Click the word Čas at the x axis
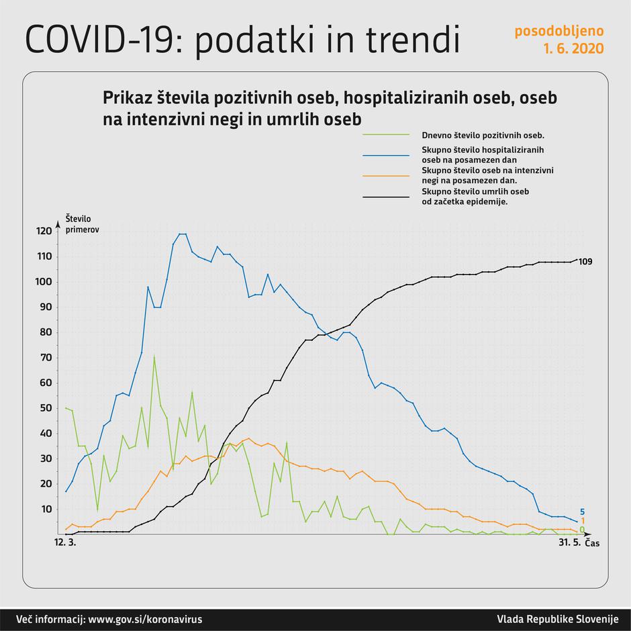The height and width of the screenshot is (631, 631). click(x=591, y=543)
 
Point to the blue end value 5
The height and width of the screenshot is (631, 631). click(x=582, y=512)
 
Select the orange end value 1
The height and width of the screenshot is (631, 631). click(x=582, y=521)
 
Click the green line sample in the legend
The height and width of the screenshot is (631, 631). click(x=386, y=135)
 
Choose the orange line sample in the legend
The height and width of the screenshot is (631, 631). click(x=386, y=176)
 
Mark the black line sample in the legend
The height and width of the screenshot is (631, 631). click(x=386, y=197)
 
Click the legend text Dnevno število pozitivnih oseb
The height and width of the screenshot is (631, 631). click(x=482, y=135)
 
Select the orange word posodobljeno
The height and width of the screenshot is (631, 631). click(x=559, y=31)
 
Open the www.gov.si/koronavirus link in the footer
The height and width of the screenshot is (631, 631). click(x=145, y=619)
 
